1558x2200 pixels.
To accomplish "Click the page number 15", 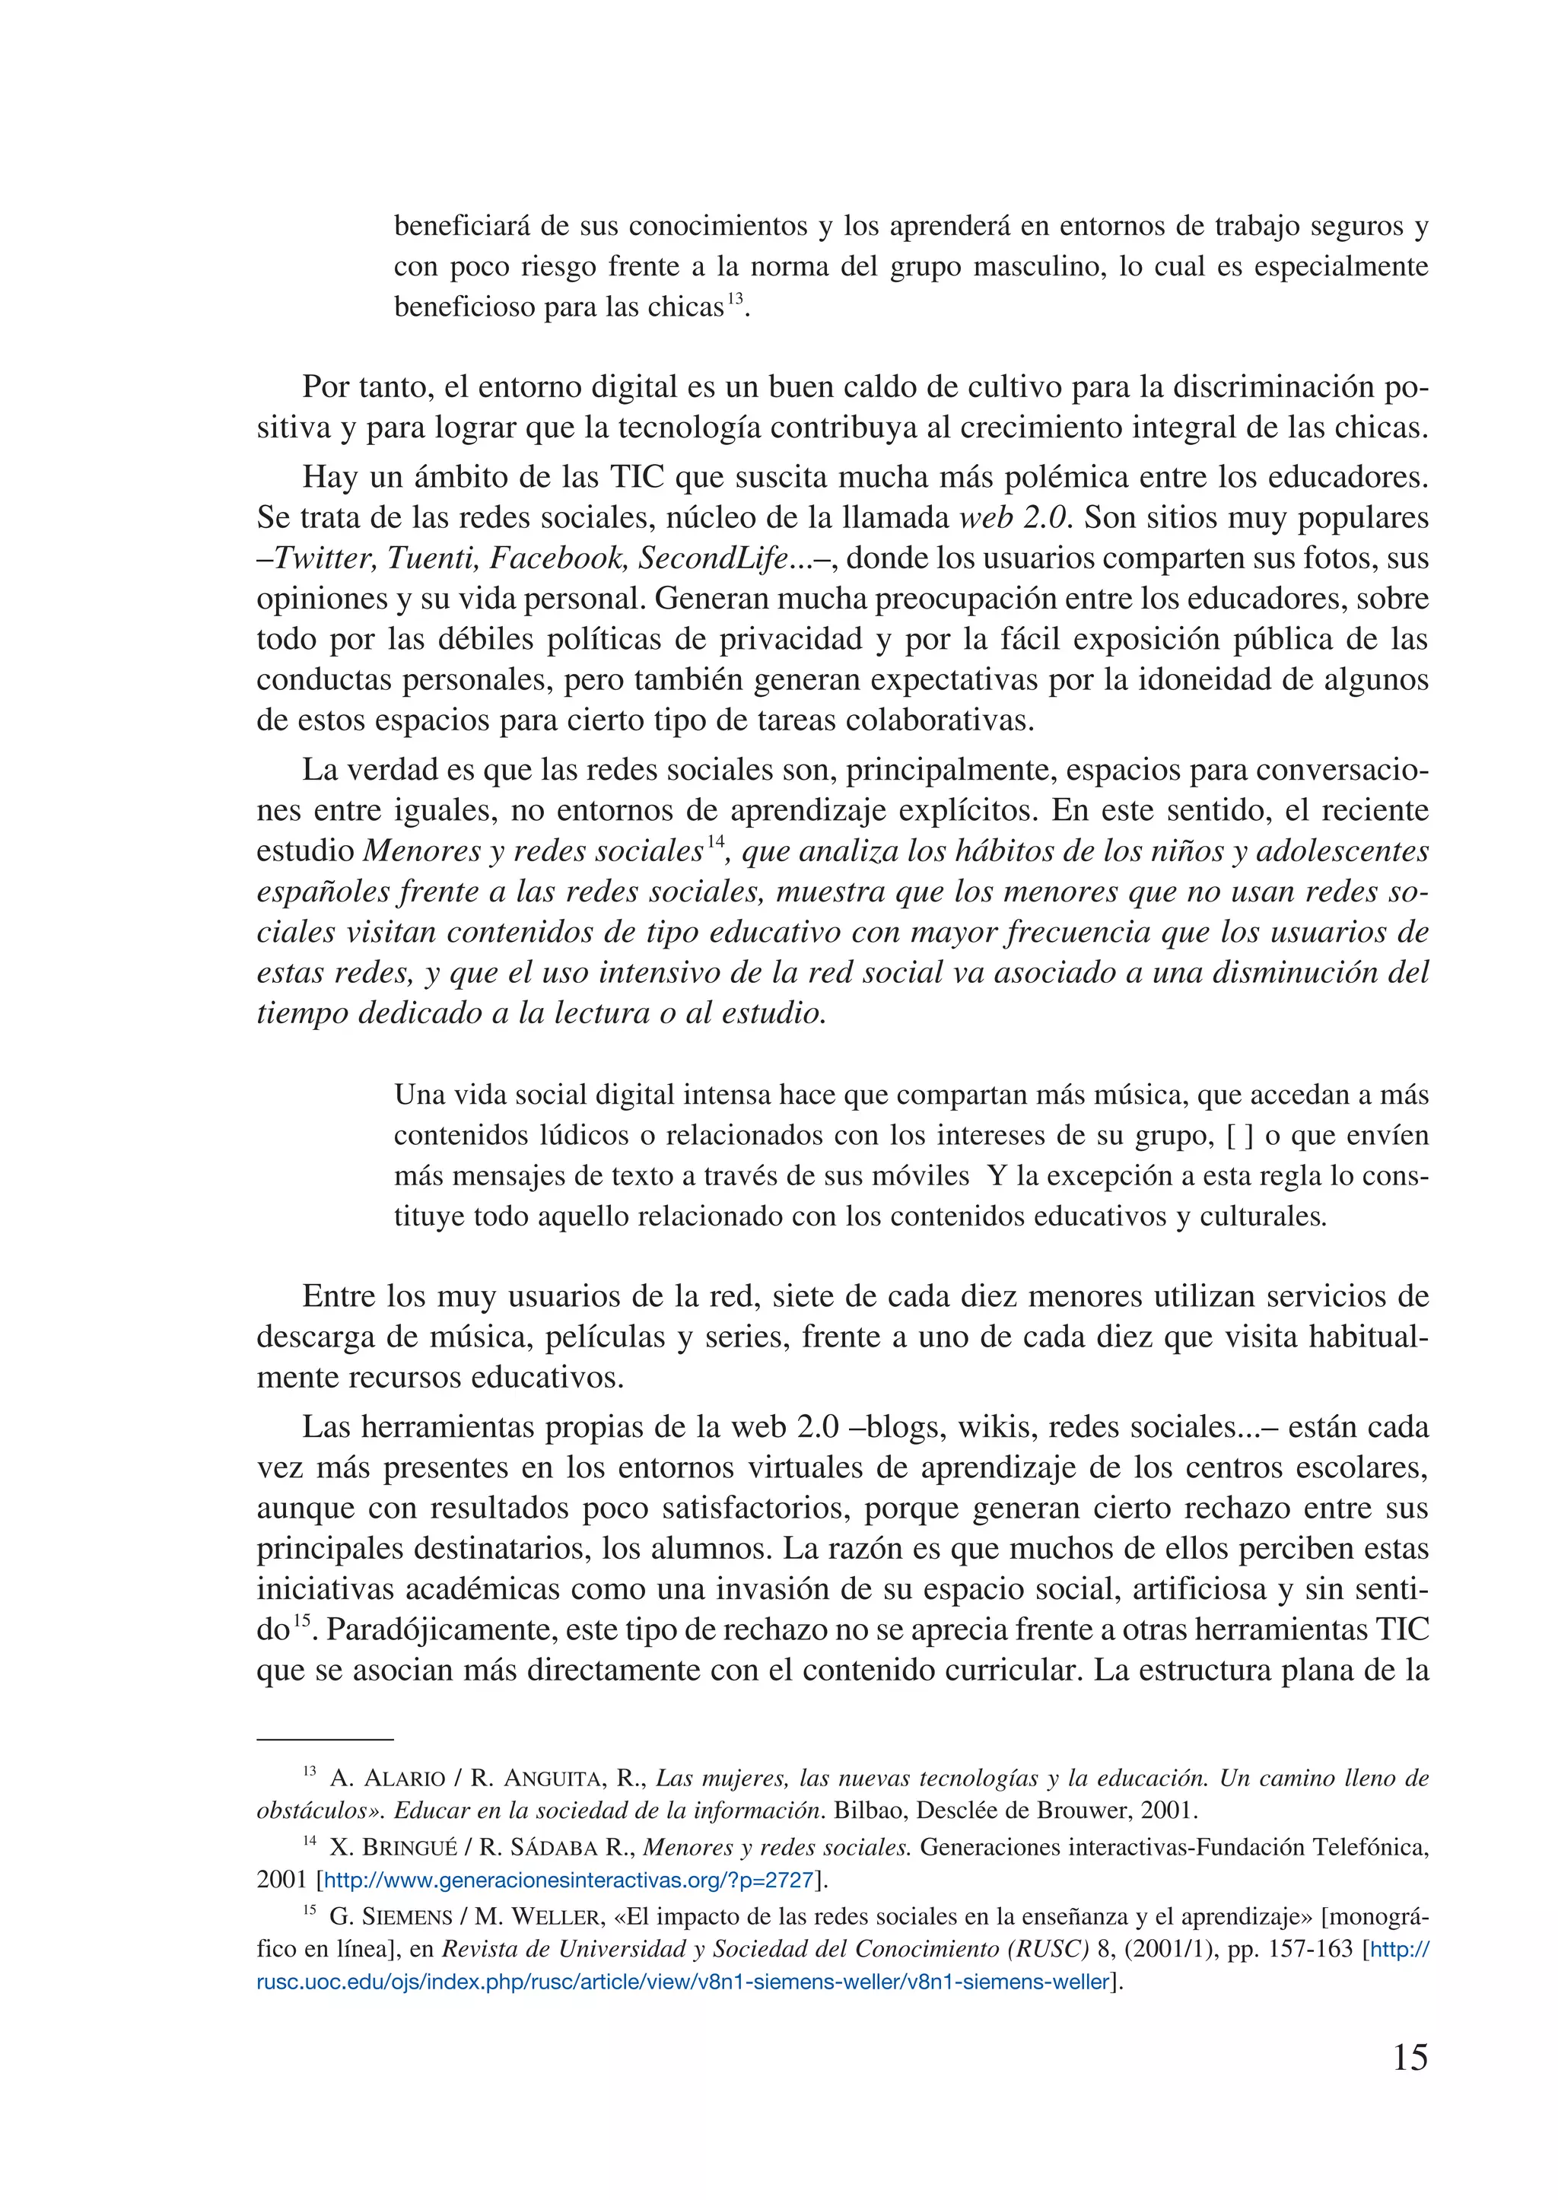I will pos(1410,2058).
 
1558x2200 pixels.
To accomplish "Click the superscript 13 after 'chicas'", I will pos(735,298).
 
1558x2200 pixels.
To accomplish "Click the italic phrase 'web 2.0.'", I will pos(1016,517).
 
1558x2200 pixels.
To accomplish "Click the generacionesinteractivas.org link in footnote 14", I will pos(569,1880).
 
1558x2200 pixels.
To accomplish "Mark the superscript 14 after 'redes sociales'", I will pos(716,842).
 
